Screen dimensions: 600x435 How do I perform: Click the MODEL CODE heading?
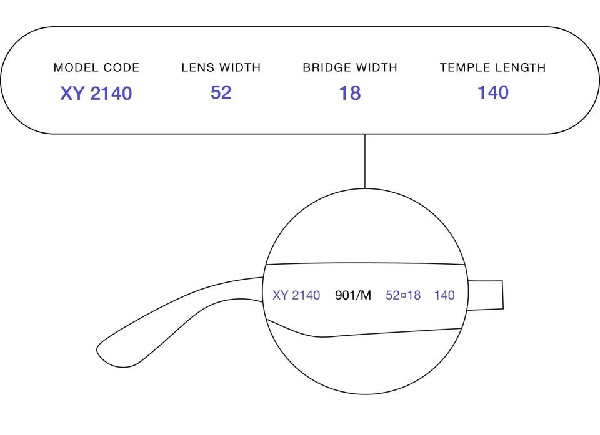click(x=96, y=67)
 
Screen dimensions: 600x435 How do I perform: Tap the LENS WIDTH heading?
click(x=221, y=67)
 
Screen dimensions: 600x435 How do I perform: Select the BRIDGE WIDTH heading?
click(x=350, y=67)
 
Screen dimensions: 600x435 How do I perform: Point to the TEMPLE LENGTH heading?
click(x=493, y=67)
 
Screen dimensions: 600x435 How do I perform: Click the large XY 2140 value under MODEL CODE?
click(x=96, y=93)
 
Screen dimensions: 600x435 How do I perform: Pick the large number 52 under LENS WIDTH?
click(x=221, y=92)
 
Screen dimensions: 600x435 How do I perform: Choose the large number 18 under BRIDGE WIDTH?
click(x=350, y=93)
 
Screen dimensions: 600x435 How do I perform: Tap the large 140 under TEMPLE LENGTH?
click(x=493, y=92)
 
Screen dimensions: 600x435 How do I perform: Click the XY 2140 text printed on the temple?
click(x=296, y=295)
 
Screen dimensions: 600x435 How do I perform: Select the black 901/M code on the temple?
click(x=352, y=295)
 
